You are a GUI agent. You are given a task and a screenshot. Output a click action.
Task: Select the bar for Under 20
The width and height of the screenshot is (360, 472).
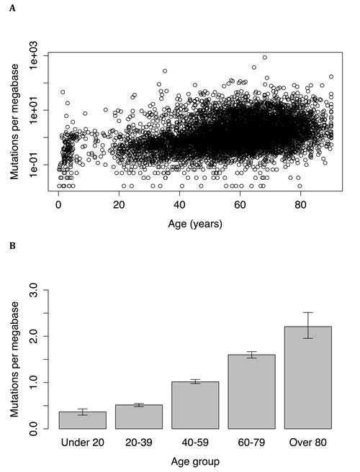click(x=83, y=420)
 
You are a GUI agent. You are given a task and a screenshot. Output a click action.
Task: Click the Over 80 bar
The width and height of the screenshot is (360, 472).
click(x=307, y=378)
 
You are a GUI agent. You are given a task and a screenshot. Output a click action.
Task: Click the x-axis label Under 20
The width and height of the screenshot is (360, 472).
click(x=83, y=441)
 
